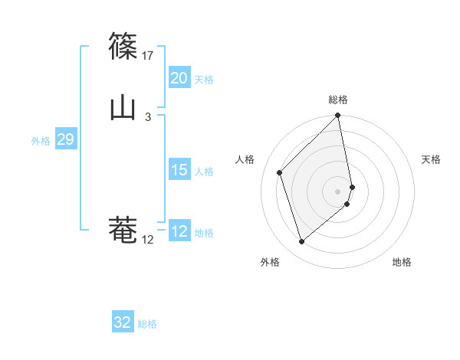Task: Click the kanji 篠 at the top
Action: pos(123,47)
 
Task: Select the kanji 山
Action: pos(123,108)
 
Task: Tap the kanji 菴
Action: pos(123,231)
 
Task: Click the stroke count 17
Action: pos(148,56)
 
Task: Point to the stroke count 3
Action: pos(148,117)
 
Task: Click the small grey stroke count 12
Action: pos(148,240)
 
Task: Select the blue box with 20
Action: pos(179,78)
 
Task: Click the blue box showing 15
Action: pos(179,170)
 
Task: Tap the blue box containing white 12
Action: pos(179,231)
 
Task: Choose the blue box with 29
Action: pos(65,139)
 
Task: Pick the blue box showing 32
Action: pos(123,322)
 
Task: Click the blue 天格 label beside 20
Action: pos(204,80)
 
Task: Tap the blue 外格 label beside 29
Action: pos(41,141)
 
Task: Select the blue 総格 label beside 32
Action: pos(147,324)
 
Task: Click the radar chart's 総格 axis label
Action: pos(338,100)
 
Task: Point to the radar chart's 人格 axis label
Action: pos(245,159)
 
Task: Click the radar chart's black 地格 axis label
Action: pos(402,262)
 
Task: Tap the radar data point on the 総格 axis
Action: pos(338,116)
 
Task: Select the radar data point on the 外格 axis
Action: pos(301,242)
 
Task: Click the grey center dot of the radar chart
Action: pos(338,191)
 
